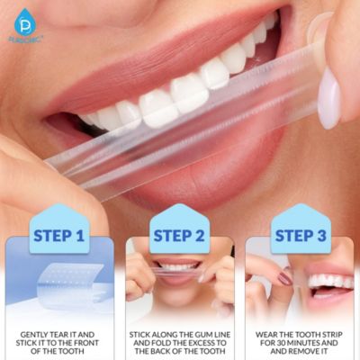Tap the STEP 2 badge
coord(178,236)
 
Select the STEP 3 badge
coord(299,236)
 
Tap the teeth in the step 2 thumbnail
coord(180,266)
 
